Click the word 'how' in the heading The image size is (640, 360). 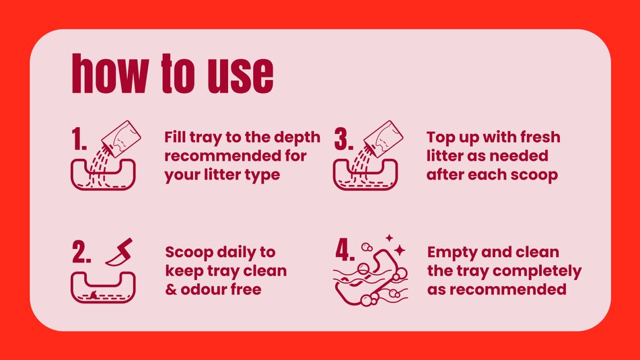click(x=110, y=73)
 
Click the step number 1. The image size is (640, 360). click(x=79, y=139)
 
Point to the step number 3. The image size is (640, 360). click(x=343, y=139)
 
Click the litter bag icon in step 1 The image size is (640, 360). click(x=121, y=139)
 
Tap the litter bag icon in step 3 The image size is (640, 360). click(x=384, y=139)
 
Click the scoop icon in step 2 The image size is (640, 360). click(x=120, y=252)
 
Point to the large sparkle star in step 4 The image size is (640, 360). click(x=400, y=250)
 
